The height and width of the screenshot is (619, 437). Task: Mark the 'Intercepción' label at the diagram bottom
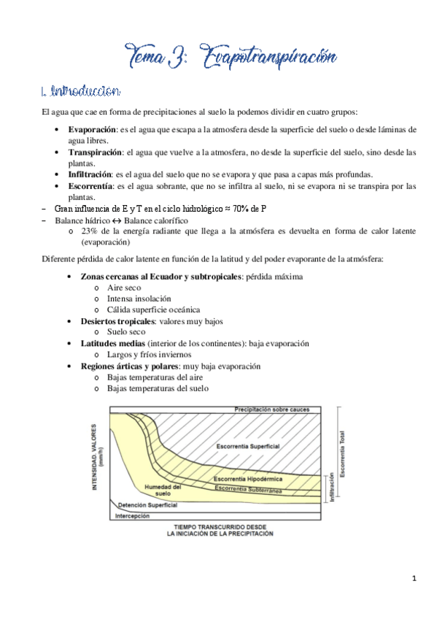(133, 516)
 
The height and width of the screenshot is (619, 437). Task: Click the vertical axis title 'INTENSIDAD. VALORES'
(95, 464)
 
